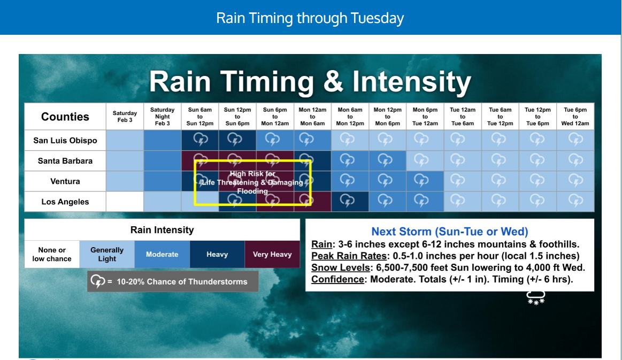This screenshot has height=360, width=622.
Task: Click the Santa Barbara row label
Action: tap(65, 161)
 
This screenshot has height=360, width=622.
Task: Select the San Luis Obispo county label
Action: tap(65, 141)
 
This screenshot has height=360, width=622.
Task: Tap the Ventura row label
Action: tap(65, 181)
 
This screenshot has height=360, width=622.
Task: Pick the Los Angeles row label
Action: tap(65, 202)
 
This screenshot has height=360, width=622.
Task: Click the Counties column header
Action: tap(65, 117)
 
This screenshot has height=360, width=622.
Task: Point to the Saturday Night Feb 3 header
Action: tap(162, 116)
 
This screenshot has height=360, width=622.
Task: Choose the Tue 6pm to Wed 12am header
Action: tap(575, 116)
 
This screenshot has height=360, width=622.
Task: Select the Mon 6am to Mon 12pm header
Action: tap(350, 116)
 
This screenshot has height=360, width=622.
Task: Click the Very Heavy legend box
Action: tap(272, 254)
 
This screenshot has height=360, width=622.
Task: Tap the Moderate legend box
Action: tap(162, 254)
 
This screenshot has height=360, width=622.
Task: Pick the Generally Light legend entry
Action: tap(107, 254)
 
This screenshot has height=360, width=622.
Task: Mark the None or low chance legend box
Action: tap(52, 254)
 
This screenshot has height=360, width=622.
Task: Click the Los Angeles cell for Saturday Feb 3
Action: tap(125, 202)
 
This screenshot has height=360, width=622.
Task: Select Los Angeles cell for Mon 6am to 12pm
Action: tap(350, 202)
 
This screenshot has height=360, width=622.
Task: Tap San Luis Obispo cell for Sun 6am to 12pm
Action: tap(200, 140)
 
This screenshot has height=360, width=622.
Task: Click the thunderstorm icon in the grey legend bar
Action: tap(97, 281)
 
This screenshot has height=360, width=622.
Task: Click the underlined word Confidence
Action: tap(337, 279)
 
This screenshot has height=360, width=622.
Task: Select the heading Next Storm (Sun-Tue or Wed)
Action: tap(449, 232)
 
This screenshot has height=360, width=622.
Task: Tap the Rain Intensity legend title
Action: tap(162, 230)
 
